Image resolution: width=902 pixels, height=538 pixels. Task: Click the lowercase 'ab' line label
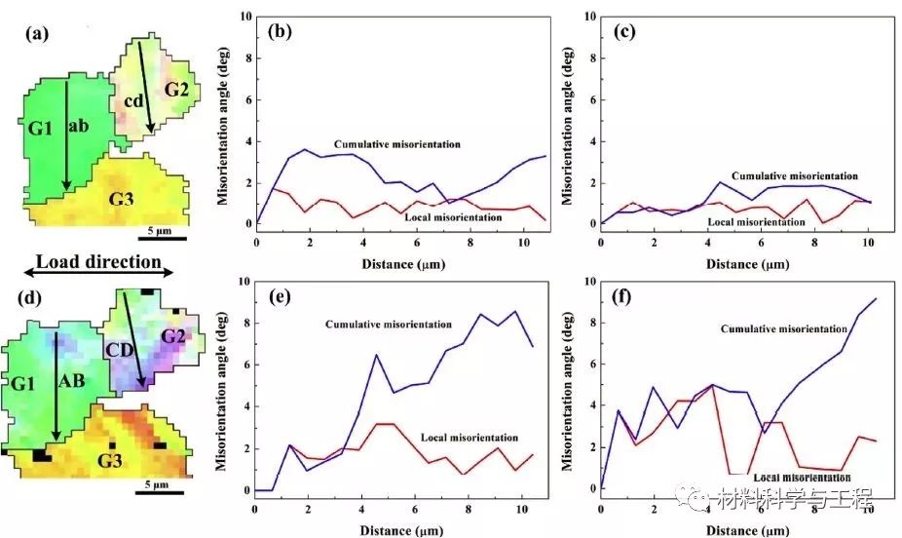tap(80, 125)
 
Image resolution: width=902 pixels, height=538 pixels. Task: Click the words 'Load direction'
tap(97, 262)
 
